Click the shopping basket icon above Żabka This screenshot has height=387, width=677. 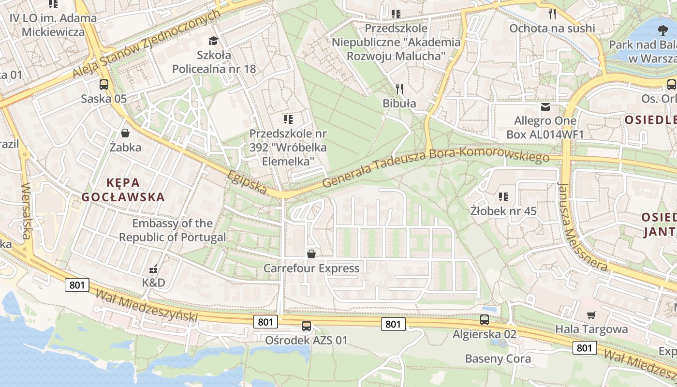tap(125, 133)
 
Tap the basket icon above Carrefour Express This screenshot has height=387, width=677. tap(311, 254)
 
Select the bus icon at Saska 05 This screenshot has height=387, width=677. tap(103, 85)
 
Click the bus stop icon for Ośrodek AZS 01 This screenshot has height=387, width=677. tap(306, 326)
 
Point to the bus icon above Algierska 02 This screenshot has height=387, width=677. tap(485, 320)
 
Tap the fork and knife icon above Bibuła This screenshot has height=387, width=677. tap(399, 89)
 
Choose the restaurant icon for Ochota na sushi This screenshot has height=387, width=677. tap(552, 14)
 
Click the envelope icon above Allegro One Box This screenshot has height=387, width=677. tap(545, 106)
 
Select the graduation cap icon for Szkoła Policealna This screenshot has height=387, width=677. tap(213, 41)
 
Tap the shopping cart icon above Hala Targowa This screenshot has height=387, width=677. tap(591, 315)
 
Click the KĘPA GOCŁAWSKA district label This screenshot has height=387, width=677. tap(123, 190)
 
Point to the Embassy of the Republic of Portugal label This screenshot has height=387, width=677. tap(173, 230)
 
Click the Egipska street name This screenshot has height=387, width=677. tap(247, 182)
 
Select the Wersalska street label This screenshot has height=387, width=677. tap(26, 211)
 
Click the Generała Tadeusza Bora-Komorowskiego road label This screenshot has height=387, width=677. tap(435, 168)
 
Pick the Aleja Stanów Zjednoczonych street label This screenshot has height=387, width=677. tap(147, 44)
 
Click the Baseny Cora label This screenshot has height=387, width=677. tap(498, 359)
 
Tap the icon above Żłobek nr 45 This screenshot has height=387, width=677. tap(503, 197)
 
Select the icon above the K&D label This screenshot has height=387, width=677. tap(154, 269)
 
